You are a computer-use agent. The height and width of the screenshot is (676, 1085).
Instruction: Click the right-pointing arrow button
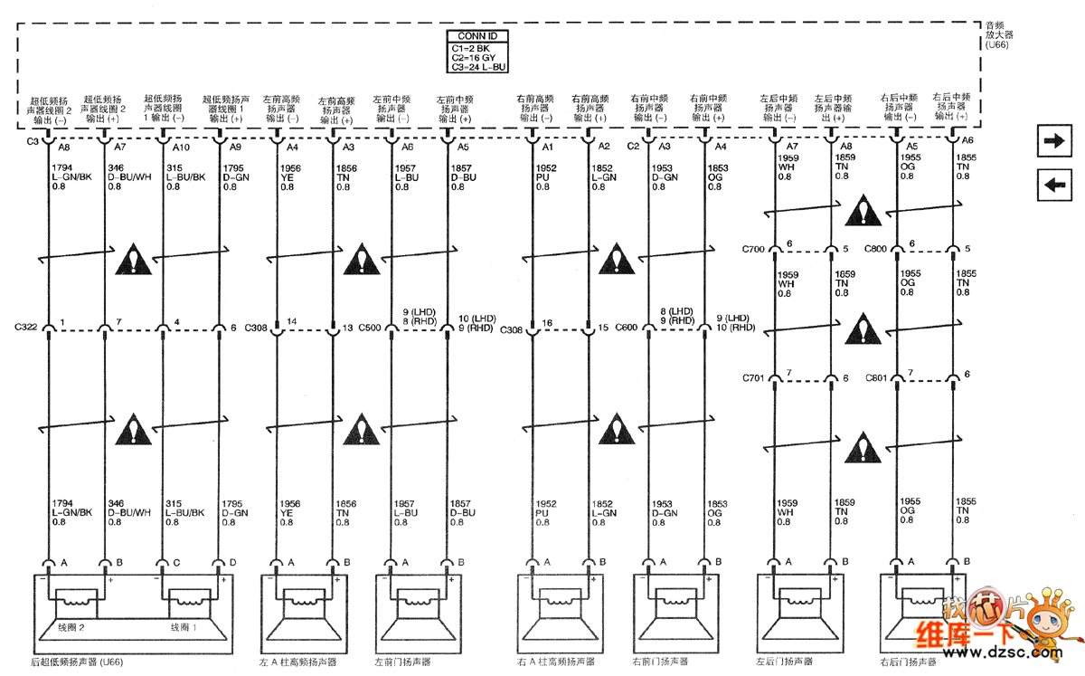point(1053,141)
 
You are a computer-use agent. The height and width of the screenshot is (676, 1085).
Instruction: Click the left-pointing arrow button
point(1053,185)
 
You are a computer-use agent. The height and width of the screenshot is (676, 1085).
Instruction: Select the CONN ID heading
point(477,36)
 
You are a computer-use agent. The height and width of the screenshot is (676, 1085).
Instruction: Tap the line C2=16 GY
point(476,56)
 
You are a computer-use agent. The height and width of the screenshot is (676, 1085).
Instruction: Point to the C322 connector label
point(26,326)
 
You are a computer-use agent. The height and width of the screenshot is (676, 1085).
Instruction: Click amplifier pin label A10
point(182,147)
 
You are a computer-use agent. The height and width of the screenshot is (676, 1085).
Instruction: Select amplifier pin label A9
point(235,147)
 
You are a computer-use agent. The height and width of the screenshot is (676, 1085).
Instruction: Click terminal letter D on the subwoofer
point(232,562)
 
